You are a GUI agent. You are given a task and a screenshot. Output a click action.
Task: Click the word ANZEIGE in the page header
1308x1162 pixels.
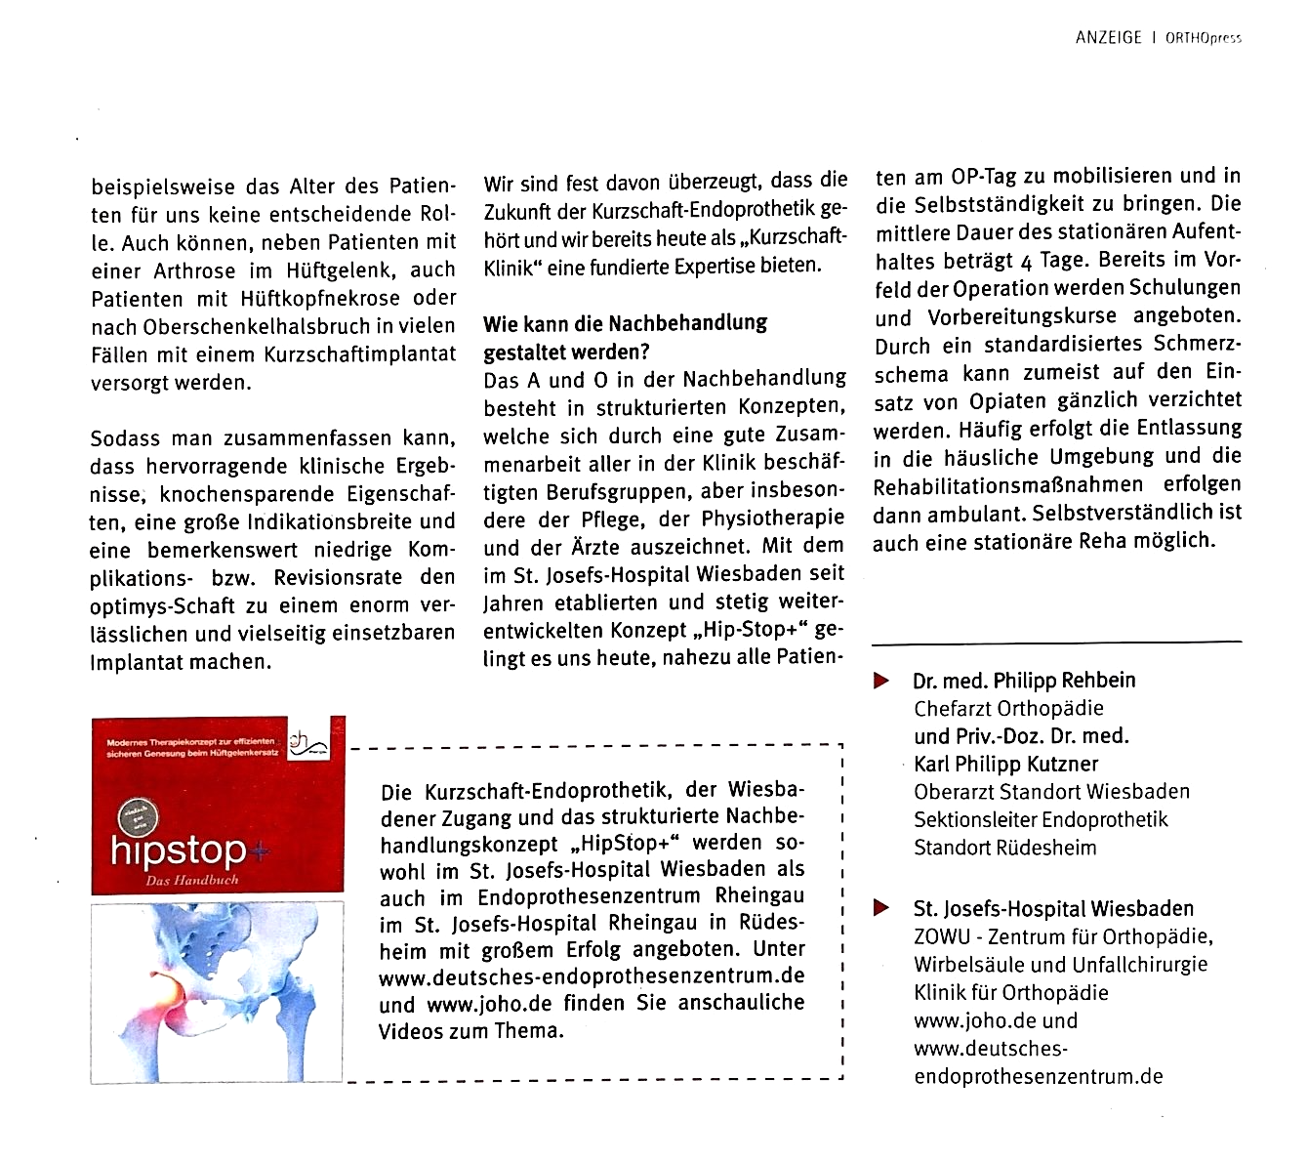tap(1108, 38)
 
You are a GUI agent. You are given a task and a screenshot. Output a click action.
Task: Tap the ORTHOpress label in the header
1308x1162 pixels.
tap(1203, 39)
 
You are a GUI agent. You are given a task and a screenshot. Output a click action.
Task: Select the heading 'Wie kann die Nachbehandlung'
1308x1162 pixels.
tap(625, 323)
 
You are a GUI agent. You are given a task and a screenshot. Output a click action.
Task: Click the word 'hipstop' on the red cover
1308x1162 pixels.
tap(178, 851)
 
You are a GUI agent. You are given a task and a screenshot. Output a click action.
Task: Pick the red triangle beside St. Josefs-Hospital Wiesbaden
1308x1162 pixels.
tap(881, 909)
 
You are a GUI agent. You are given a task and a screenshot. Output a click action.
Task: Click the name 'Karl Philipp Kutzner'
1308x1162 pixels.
tap(1006, 764)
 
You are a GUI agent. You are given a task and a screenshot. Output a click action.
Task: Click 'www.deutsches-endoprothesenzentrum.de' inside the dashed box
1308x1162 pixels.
tap(592, 975)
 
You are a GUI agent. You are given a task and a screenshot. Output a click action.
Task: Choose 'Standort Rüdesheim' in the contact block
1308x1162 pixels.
tap(1004, 848)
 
